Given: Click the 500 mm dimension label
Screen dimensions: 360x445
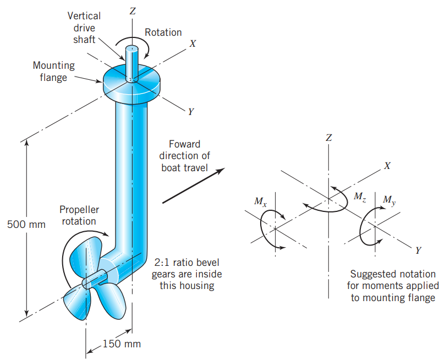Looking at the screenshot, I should (26, 225).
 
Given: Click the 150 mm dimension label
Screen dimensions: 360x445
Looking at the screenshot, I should (122, 344).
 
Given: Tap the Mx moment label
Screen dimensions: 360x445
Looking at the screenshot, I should (261, 202).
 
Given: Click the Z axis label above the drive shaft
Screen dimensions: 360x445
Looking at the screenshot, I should (133, 10).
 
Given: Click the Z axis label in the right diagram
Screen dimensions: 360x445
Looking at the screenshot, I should (328, 138).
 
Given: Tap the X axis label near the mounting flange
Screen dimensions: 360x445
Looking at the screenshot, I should (193, 43).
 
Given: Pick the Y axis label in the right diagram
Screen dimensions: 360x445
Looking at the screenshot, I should (418, 250).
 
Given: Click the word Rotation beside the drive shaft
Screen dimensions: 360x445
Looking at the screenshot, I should (163, 32).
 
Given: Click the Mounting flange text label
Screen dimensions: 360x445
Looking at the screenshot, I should (53, 72).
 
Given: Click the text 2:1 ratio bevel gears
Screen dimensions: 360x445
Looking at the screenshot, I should (187, 263).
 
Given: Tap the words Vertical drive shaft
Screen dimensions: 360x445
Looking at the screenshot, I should (84, 28).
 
